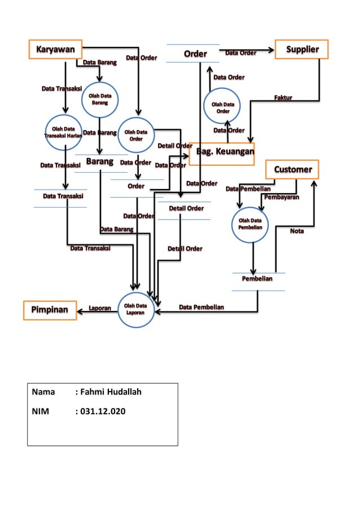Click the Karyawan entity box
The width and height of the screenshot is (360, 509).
coord(56,49)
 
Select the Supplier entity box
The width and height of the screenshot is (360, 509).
coord(301,49)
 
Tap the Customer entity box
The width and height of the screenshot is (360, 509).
coord(292,169)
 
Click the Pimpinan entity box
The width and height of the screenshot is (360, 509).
coord(50,310)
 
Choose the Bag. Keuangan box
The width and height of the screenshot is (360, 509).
coord(222,152)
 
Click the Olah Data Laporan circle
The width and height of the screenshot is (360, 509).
coord(135,310)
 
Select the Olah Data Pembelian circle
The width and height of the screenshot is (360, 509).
coord(249,223)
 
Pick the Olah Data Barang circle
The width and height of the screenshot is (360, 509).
coord(100,100)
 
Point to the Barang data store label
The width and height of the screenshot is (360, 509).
coord(100,163)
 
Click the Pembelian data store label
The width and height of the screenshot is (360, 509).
coord(257,279)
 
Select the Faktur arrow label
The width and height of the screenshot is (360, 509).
coord(283,98)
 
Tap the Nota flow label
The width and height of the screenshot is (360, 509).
coord(297,231)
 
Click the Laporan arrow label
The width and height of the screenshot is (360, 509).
coord(100,308)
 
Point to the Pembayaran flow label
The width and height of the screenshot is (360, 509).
coord(282,198)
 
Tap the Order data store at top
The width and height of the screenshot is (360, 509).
coord(195,54)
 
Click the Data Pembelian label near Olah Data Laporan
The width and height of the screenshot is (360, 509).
coord(201,307)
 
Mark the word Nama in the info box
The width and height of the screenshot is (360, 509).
coord(43,392)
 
